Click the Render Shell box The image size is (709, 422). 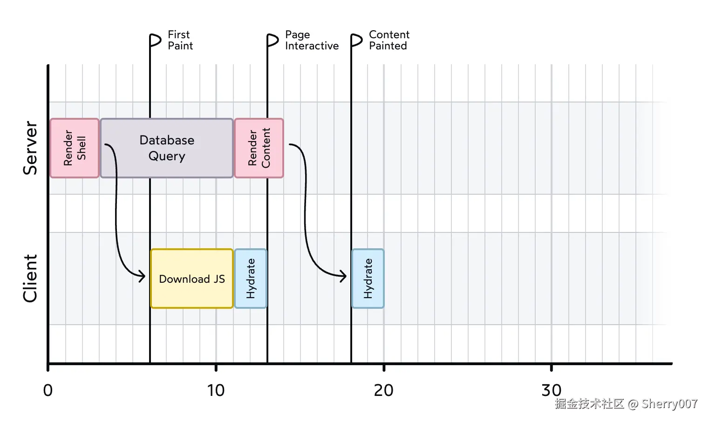coord(75,148)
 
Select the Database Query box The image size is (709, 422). coord(167,148)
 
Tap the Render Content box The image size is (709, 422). coord(259,148)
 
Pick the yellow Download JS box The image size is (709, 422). coord(191,279)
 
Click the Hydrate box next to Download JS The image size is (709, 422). coord(251,279)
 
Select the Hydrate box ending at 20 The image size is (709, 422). coord(368,279)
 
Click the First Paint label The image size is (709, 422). coord(180,40)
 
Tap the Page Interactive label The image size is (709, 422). coord(311,40)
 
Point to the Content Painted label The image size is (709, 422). coord(389,40)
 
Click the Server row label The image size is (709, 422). coord(30,148)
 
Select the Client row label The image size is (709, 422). coord(30,279)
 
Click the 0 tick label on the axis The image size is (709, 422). coord(48,390)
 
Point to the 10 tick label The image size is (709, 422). coord(216,390)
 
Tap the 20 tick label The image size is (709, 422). coord(383,390)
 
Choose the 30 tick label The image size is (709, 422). coord(551,390)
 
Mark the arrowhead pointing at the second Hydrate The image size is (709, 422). coord(343,276)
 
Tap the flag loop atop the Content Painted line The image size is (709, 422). coord(356,41)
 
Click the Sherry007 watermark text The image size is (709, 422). coord(669,404)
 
